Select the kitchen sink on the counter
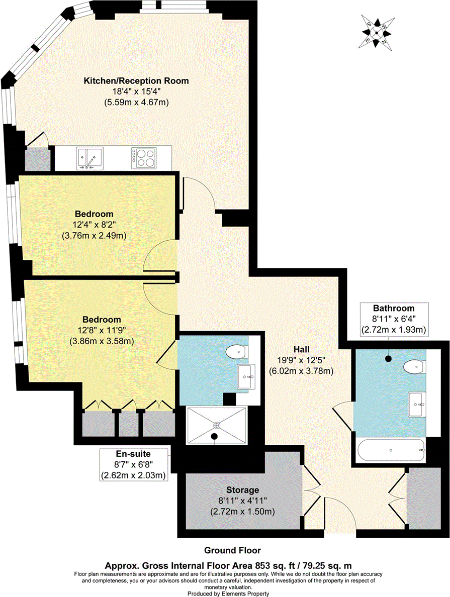(x=89, y=158)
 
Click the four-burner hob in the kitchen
(x=145, y=158)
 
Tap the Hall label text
(x=302, y=349)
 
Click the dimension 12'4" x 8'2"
(x=98, y=224)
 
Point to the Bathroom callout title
(x=393, y=308)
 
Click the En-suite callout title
(x=133, y=453)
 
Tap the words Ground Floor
(x=225, y=550)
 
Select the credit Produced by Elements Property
(x=225, y=593)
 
